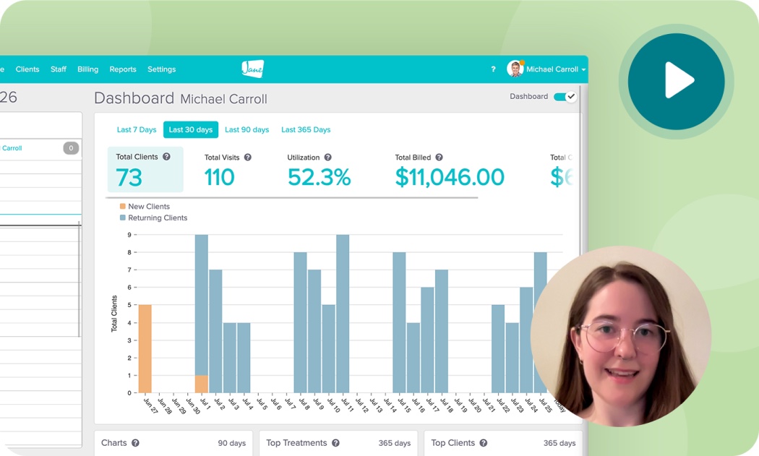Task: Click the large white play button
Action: pos(677,80)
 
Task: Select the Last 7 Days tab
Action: pos(137,130)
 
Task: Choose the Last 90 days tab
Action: pos(246,130)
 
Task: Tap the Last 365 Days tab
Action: pos(306,130)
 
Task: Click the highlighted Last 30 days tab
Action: pos(191,130)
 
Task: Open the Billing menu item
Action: pos(87,69)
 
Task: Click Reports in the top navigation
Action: pos(123,69)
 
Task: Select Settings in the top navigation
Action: pos(161,69)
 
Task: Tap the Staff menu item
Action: pos(59,69)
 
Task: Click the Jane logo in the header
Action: pos(252,69)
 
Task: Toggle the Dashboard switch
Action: pos(565,97)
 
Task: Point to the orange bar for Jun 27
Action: pos(145,348)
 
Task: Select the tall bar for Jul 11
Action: pos(343,314)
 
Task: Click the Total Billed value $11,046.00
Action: pos(450,178)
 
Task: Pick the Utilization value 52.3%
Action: pos(319,178)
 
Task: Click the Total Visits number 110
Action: pos(219,178)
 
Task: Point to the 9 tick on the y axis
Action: pos(129,235)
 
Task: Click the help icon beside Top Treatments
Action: pos(335,443)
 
